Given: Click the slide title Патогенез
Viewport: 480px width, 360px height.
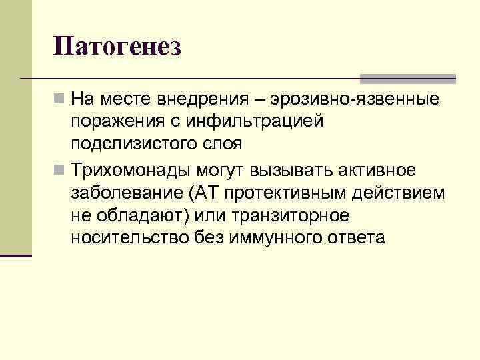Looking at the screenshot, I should (x=118, y=47).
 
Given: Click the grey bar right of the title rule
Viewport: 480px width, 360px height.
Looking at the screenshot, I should (x=408, y=78).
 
